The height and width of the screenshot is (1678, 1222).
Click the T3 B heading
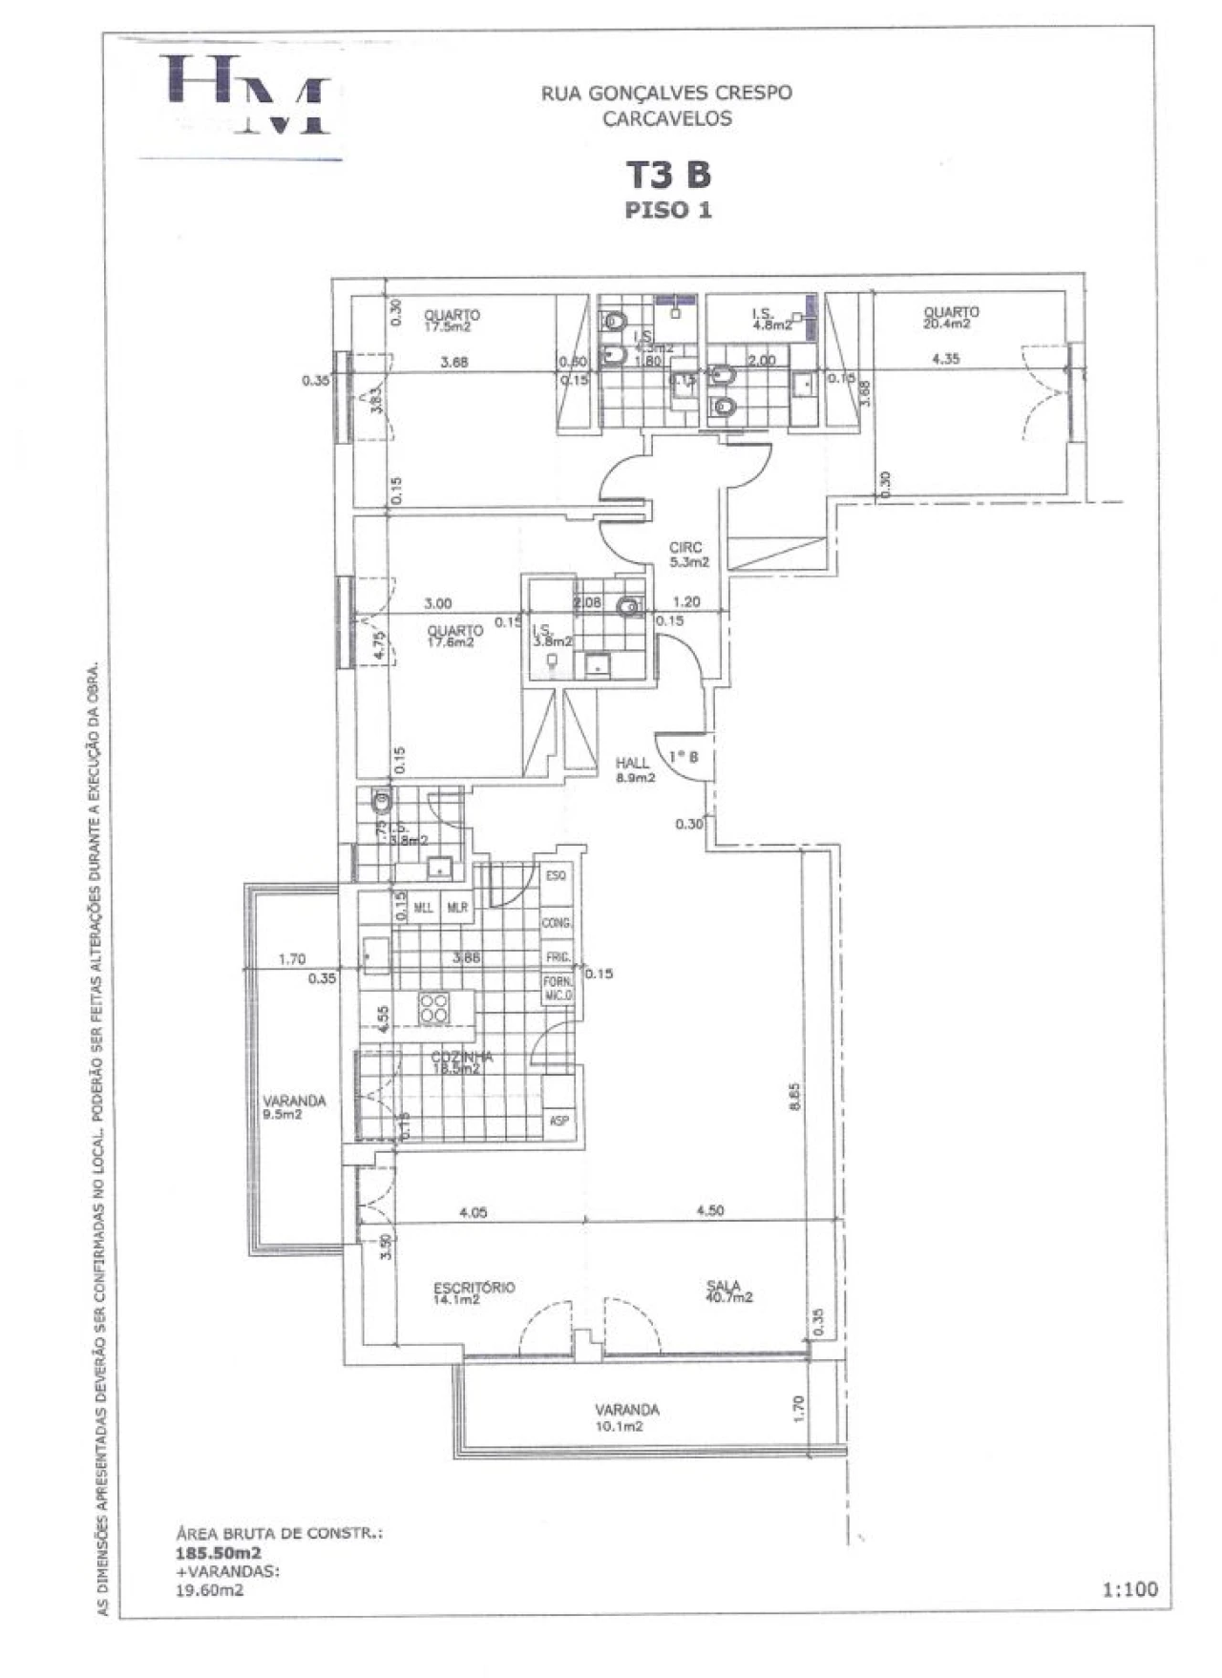[668, 175]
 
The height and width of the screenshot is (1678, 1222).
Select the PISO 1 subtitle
[668, 210]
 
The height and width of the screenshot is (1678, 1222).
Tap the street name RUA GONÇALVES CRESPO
[666, 94]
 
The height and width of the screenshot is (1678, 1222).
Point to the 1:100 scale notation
[1130, 1589]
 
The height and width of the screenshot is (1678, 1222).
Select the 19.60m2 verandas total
[210, 1590]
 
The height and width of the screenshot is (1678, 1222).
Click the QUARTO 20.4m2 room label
[951, 318]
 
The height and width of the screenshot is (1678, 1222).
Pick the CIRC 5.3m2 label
[688, 555]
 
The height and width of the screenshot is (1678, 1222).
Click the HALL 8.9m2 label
[635, 770]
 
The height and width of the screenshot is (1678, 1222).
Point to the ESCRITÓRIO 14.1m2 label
[474, 1292]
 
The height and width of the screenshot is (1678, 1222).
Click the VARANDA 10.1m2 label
[627, 1417]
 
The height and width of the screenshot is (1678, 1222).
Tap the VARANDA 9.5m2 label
[294, 1106]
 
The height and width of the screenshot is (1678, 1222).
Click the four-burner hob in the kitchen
[434, 1008]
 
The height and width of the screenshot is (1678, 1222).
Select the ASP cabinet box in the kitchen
[558, 1121]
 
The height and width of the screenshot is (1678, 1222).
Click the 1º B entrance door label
[684, 757]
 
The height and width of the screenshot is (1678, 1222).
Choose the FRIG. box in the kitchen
[558, 956]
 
